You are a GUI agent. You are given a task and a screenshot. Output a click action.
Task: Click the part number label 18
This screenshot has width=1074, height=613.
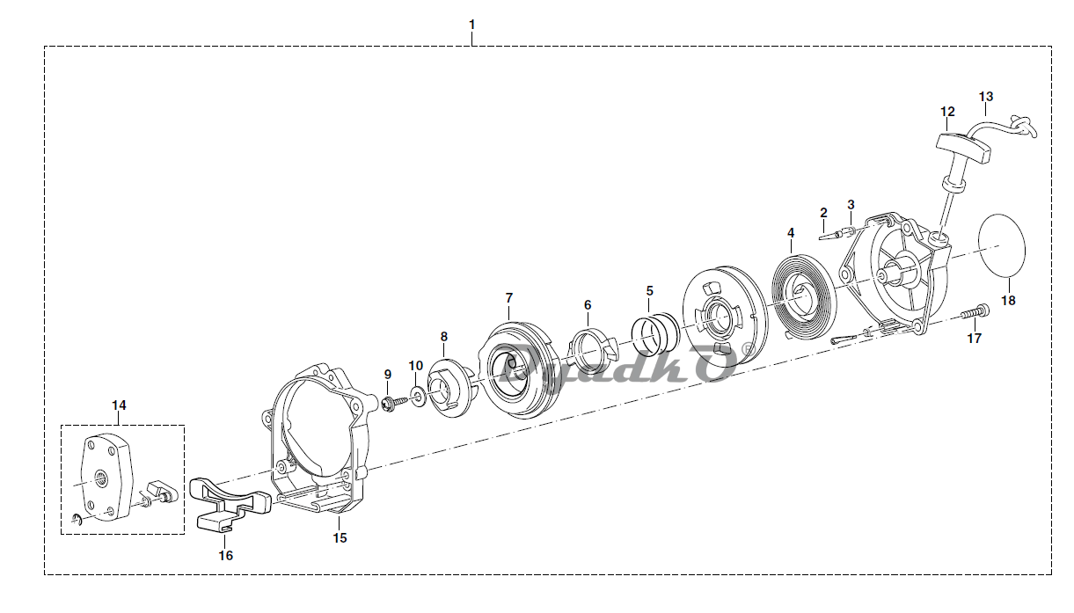[1008, 301]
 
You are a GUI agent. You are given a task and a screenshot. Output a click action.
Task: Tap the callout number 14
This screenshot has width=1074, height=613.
[119, 405]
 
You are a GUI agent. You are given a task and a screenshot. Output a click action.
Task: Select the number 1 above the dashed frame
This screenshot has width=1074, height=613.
[471, 25]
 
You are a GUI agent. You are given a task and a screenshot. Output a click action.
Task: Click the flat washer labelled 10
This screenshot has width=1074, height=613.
[418, 397]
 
